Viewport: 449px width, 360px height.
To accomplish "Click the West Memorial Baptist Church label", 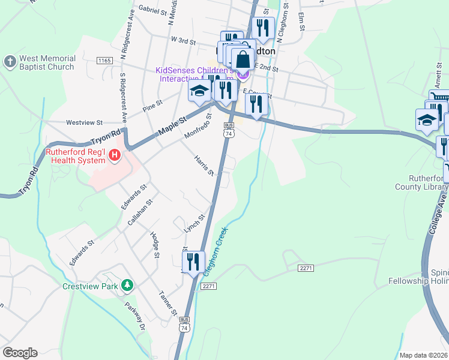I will tap(47, 63).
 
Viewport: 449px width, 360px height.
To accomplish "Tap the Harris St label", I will tap(204, 166).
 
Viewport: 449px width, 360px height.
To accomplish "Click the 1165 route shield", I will tap(104, 61).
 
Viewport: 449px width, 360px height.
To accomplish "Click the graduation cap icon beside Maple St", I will tap(199, 92).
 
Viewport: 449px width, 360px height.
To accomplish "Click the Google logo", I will tap(20, 353).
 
